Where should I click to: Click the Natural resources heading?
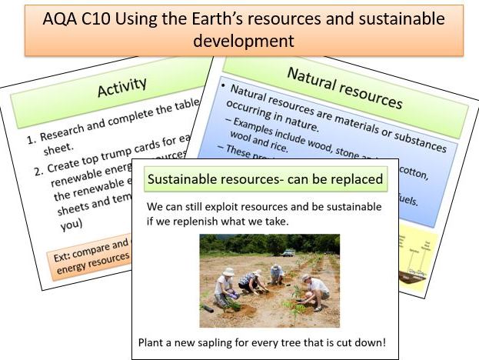[344, 87]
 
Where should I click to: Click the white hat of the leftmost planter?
[228, 272]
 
